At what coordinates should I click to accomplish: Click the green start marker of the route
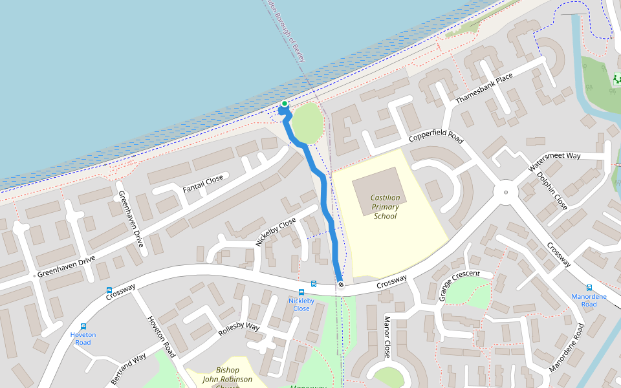284,103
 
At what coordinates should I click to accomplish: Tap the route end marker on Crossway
340,285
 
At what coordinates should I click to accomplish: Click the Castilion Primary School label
385,207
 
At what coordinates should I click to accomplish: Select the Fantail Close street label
202,184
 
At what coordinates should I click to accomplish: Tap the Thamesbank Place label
484,89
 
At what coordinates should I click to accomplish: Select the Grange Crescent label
460,285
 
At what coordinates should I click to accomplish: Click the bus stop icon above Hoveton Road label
83,327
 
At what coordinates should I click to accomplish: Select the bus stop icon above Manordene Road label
589,288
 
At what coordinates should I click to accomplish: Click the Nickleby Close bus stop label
301,305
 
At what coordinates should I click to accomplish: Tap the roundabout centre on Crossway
506,191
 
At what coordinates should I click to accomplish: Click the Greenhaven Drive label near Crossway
66,266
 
